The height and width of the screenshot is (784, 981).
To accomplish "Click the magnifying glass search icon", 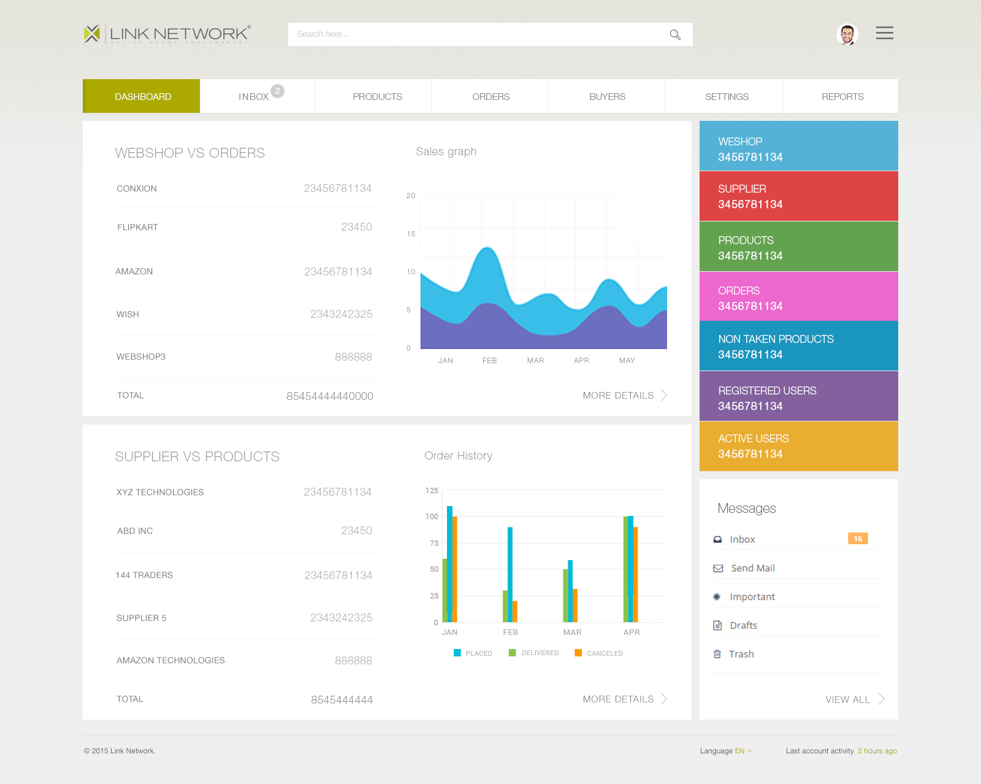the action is tap(675, 34).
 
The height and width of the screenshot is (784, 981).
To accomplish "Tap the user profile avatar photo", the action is tap(847, 34).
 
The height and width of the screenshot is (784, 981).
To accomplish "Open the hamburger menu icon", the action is tap(884, 33).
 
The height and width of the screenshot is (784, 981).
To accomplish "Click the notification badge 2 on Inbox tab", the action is tap(277, 91).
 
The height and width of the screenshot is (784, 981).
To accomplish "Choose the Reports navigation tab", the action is tap(841, 96).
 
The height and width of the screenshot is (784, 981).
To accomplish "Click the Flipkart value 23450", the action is tap(356, 227).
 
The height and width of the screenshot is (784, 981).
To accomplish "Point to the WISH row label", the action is tap(128, 314).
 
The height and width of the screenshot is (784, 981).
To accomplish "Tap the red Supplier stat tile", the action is tap(799, 196).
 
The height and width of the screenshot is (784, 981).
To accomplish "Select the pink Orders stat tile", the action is tap(799, 296).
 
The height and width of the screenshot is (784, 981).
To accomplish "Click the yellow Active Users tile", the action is tap(799, 446).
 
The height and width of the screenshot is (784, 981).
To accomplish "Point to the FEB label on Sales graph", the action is tap(490, 360).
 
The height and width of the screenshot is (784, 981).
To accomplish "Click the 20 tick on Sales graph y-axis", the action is tap(411, 196).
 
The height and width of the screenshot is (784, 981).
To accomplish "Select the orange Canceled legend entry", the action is tap(598, 653).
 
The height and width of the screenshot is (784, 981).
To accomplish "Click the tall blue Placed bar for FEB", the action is tap(510, 574).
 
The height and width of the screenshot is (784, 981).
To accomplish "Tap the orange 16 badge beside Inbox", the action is tap(858, 539).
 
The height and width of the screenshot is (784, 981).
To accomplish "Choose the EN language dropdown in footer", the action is tap(743, 751).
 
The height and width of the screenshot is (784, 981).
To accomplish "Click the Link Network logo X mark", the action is tap(91, 34).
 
